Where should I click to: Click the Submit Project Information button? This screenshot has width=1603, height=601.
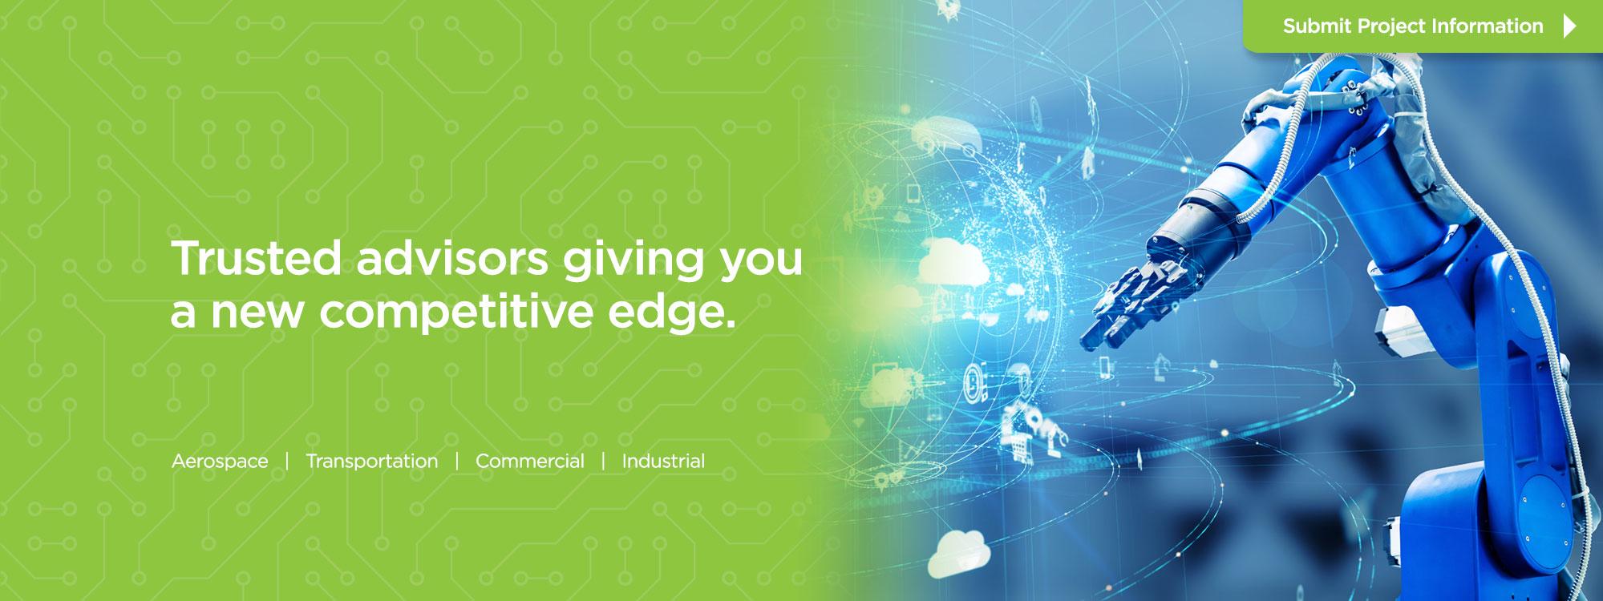(x=1423, y=26)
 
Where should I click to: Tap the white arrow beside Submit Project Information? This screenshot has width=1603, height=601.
(x=1569, y=26)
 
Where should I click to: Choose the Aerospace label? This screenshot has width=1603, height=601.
(x=220, y=462)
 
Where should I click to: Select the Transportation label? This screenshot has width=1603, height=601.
(x=372, y=462)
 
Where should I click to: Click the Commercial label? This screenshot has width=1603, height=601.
(x=530, y=462)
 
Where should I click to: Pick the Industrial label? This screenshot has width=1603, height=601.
(x=663, y=462)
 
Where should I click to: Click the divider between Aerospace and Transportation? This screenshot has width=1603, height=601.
(x=287, y=462)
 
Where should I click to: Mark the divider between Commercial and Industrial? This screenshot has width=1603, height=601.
(x=604, y=462)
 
